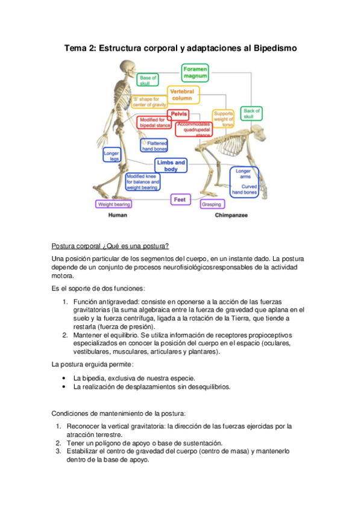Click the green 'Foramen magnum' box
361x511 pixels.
[x=195, y=74]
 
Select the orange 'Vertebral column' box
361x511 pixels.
[x=181, y=94]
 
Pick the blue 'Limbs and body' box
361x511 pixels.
[x=171, y=166]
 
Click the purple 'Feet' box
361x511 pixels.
[x=179, y=199]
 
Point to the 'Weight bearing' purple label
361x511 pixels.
[x=114, y=204]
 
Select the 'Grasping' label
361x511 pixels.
[x=211, y=204]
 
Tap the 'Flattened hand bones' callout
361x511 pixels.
[x=154, y=145]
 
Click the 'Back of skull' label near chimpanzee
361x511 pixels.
[x=251, y=113]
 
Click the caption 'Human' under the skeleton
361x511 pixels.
[x=117, y=215]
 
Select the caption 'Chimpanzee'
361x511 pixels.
[x=231, y=215]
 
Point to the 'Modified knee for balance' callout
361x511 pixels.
[x=143, y=181]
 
